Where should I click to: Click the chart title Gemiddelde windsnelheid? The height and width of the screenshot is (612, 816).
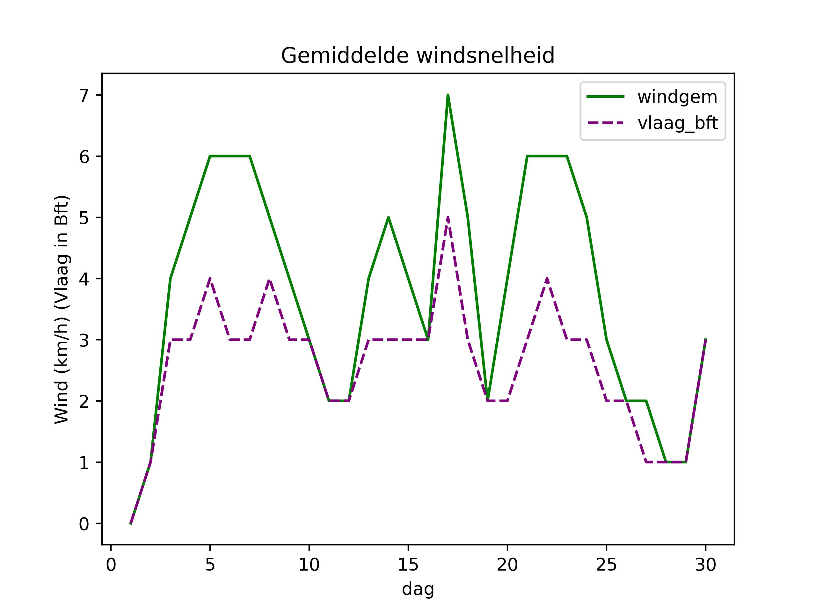click(x=418, y=56)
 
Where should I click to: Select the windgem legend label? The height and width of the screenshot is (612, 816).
click(x=677, y=97)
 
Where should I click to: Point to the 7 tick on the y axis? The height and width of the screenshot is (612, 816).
click(x=84, y=96)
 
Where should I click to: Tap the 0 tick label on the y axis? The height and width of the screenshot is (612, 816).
click(x=84, y=524)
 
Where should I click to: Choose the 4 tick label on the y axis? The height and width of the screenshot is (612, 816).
click(x=84, y=279)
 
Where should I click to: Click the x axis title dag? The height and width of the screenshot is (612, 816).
click(x=418, y=589)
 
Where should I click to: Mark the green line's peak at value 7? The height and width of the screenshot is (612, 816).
click(x=448, y=95)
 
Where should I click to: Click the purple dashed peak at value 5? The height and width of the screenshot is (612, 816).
click(x=448, y=218)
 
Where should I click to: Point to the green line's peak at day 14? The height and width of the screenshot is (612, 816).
click(x=389, y=217)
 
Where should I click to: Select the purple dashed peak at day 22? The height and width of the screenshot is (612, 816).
click(x=547, y=279)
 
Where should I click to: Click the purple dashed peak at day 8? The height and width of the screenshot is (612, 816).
click(x=270, y=280)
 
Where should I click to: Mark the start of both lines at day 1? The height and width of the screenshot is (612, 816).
click(x=131, y=523)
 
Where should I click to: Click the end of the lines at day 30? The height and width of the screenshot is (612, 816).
click(x=705, y=340)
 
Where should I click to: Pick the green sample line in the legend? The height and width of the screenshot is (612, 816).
click(x=605, y=97)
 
